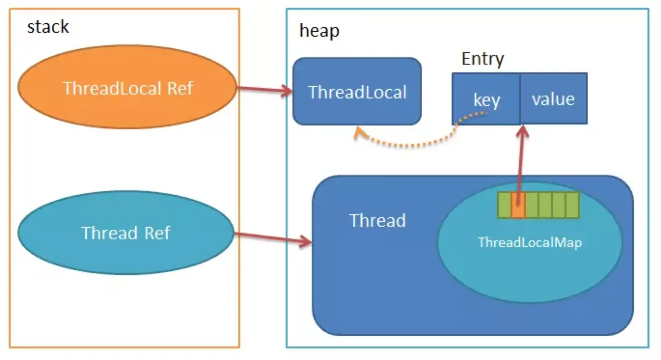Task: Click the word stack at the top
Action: [48, 27]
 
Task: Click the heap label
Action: [319, 30]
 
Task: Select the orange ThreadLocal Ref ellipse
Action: [127, 87]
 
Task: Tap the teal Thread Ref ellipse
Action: [126, 233]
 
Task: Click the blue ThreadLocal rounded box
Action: [357, 92]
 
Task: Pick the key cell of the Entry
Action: [486, 99]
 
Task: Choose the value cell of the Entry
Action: [553, 99]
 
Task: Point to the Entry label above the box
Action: [482, 59]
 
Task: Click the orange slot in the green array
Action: [518, 205]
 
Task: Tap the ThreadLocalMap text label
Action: [529, 242]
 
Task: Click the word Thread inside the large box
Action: [377, 221]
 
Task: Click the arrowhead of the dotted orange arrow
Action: [358, 132]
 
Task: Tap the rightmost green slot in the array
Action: [572, 205]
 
